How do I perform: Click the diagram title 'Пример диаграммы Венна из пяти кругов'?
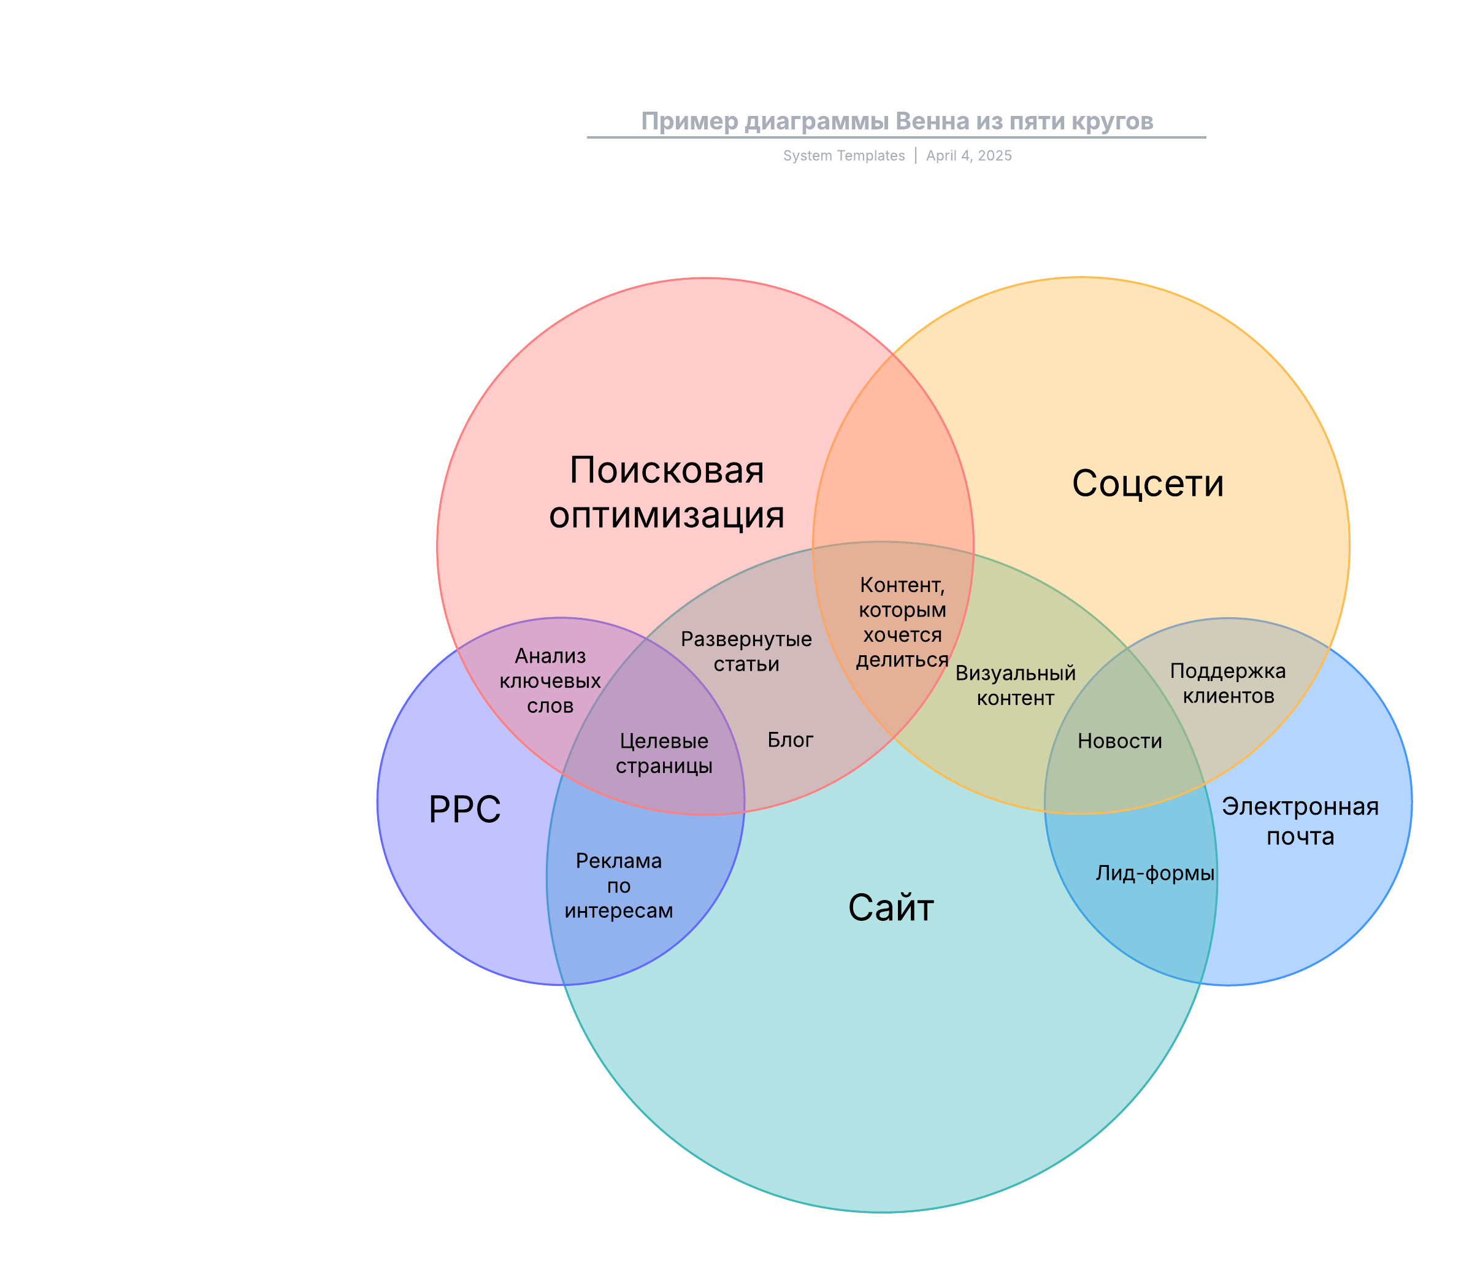point(897,121)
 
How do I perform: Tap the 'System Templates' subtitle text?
point(843,156)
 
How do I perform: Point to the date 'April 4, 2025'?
point(968,156)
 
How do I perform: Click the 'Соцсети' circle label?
point(1148,483)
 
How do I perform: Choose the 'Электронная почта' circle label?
point(1300,821)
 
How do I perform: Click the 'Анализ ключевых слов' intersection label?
point(550,680)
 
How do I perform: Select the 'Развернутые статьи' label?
point(746,651)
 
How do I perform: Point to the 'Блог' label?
point(790,740)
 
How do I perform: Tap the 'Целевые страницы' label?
point(664,753)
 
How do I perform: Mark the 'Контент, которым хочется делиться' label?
point(902,622)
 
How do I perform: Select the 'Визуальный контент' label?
point(1015,685)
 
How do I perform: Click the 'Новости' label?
point(1119,740)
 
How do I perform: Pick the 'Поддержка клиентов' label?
point(1228,682)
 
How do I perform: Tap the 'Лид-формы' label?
point(1154,873)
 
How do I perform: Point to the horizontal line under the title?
point(897,137)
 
